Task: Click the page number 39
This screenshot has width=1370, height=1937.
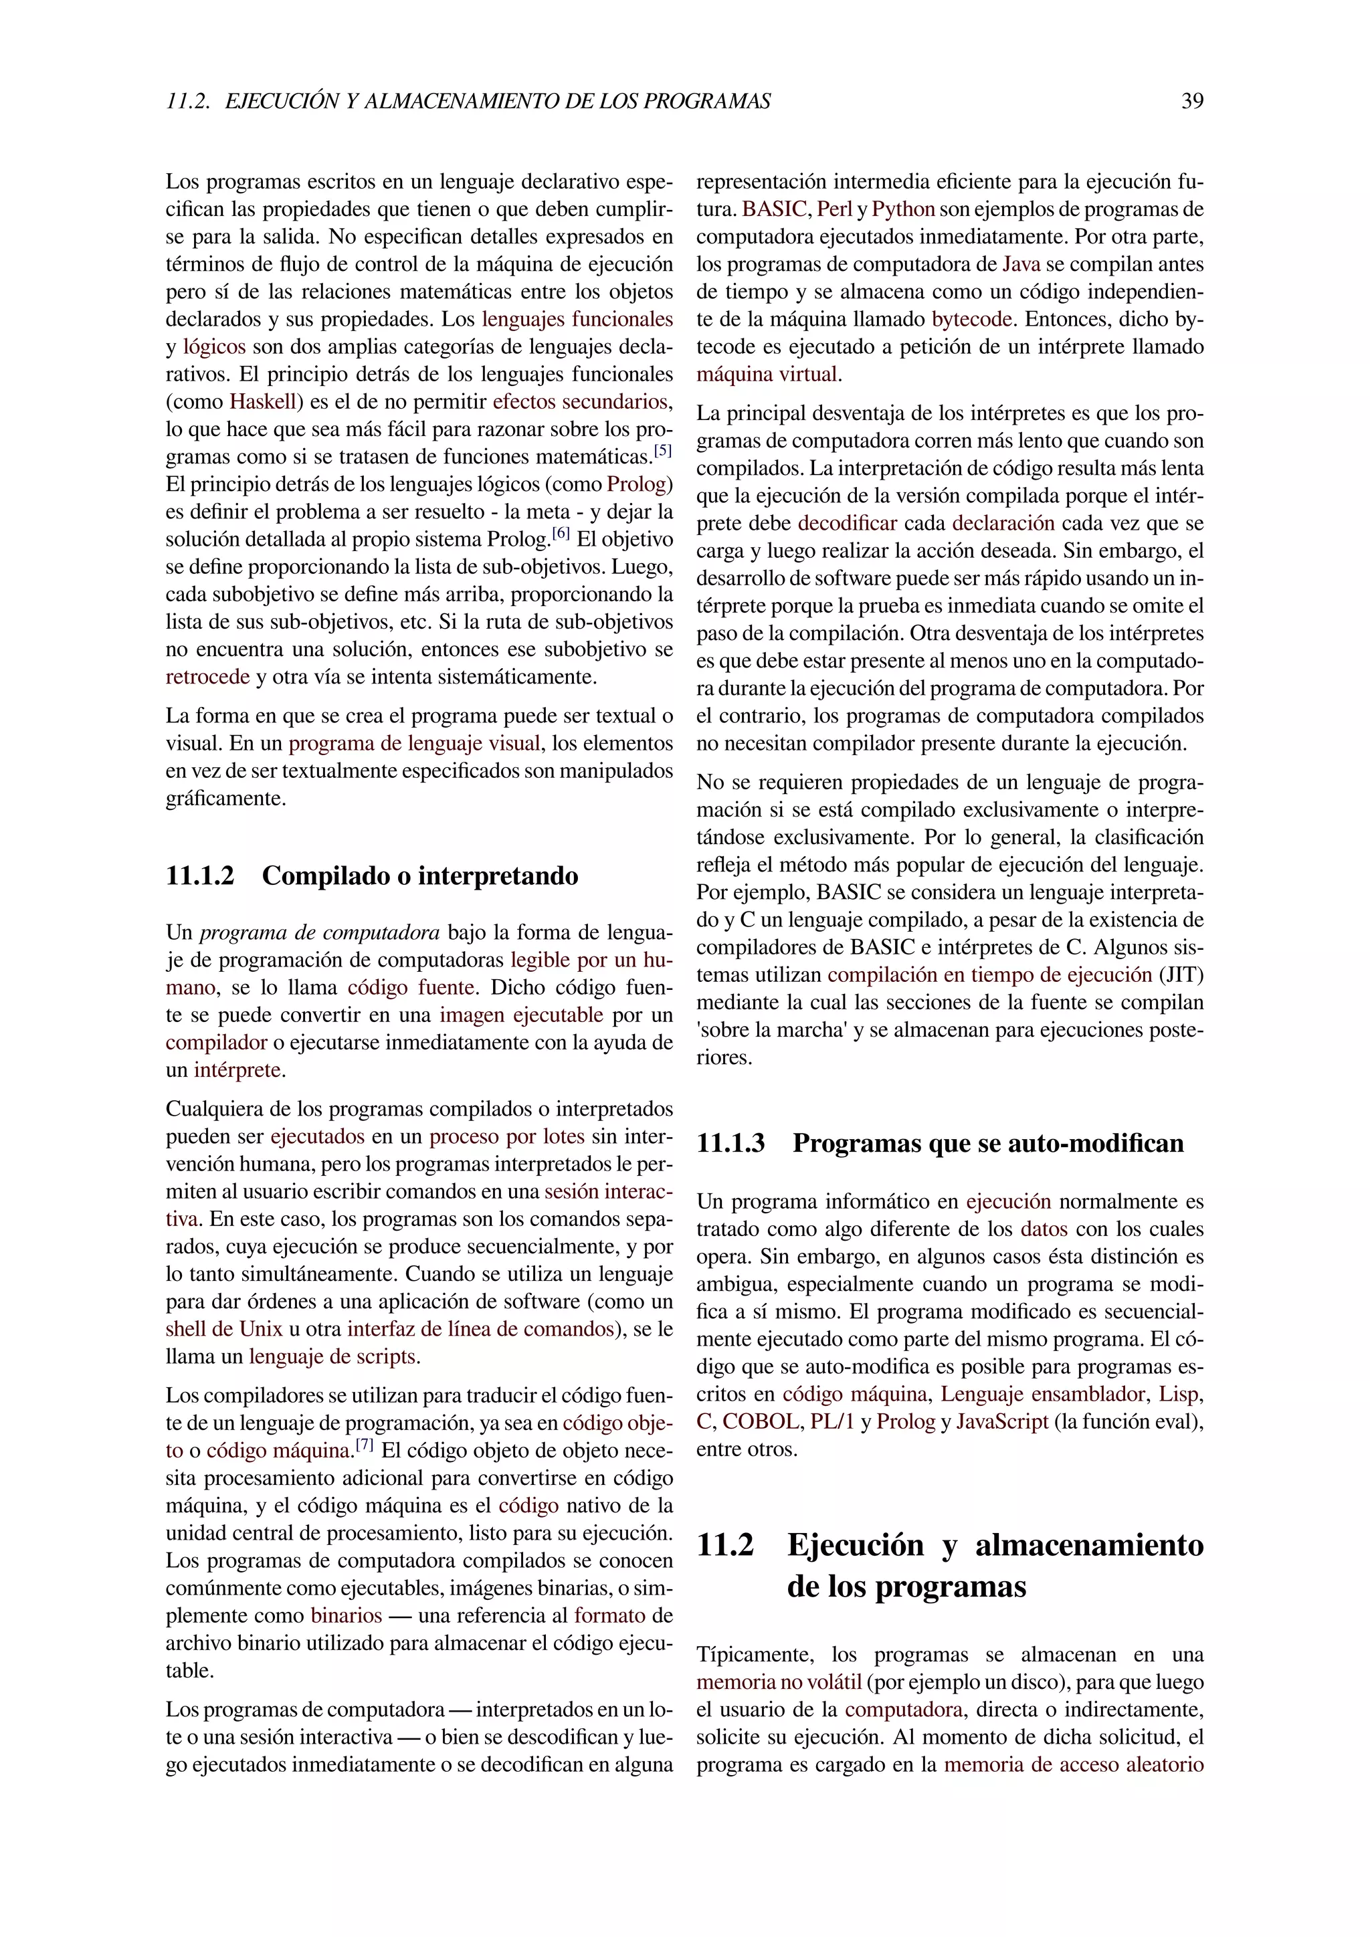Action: tap(1192, 101)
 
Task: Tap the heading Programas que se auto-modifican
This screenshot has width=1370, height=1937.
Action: tap(988, 1143)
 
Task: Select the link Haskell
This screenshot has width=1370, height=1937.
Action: tap(261, 401)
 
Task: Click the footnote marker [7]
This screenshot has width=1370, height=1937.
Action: tap(365, 1444)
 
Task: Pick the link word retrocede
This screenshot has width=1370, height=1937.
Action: tap(207, 677)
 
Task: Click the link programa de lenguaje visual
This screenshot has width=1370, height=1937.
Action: tap(414, 743)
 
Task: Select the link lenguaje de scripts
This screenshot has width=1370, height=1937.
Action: tap(332, 1356)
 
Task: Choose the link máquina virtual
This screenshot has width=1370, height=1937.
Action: tap(767, 375)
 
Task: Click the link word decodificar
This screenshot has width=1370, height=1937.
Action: tap(847, 523)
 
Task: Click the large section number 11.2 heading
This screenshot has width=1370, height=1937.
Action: tap(724, 1546)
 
